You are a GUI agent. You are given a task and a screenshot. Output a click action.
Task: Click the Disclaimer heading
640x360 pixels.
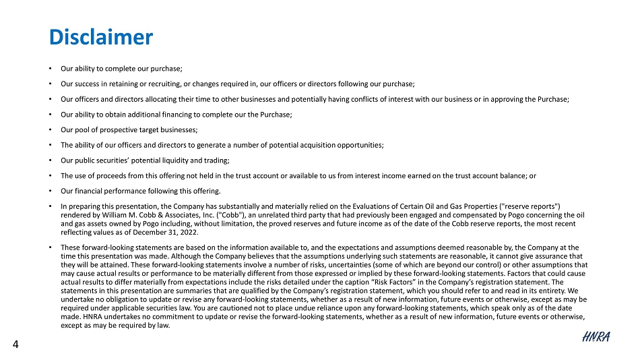pos(101,36)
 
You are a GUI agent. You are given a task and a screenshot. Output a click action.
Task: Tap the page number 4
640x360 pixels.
pos(16,345)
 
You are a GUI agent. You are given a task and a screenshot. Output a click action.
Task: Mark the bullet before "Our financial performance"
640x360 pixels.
pos(52,190)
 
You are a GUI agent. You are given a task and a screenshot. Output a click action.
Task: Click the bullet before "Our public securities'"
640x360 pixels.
pos(52,160)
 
